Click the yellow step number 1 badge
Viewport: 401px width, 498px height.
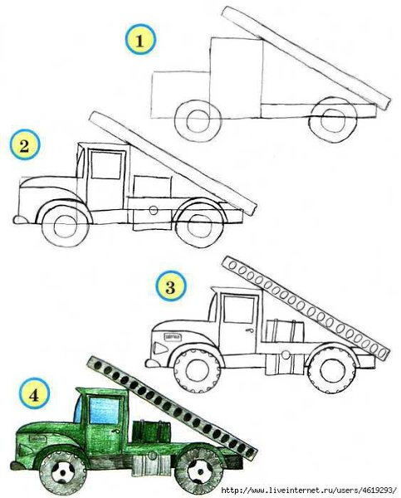coord(140,40)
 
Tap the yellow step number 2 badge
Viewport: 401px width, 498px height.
coord(24,145)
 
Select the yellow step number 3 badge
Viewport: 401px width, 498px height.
coord(171,286)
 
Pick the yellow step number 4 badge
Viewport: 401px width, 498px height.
coord(34,394)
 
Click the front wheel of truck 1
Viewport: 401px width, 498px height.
coord(198,120)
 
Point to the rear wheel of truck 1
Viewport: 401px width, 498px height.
coord(333,120)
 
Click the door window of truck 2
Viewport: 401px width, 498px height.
coord(106,165)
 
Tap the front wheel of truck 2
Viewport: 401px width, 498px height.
coord(65,226)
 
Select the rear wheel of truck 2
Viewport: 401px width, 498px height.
coord(199,226)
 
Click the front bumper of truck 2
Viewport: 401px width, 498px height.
coord(21,219)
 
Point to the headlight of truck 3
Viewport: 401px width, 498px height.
coord(160,348)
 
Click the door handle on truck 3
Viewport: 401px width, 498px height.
coord(249,330)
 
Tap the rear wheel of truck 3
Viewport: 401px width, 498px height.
coord(332,369)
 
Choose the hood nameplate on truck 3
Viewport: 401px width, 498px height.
coord(173,336)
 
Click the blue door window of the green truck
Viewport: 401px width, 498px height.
coord(105,410)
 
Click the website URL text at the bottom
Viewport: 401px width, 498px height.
coord(309,490)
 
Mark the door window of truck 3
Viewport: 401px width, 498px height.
coord(238,310)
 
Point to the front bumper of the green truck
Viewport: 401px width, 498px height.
coord(17,466)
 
